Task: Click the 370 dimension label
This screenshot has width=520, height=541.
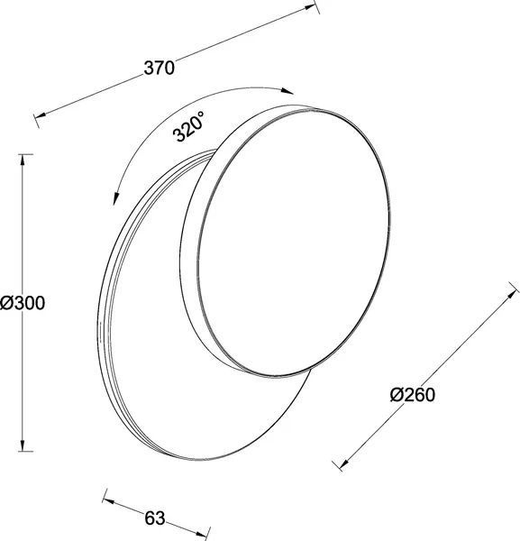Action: coord(159,68)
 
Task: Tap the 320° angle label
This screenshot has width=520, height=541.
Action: coord(189,125)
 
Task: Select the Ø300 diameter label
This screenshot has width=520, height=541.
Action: coord(23,303)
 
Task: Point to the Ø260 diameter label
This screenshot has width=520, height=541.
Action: coord(413,394)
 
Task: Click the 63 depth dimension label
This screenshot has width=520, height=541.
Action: coord(154,518)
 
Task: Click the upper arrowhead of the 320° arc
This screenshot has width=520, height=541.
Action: coord(287,91)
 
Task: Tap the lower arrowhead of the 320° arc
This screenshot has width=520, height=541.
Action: coord(116,198)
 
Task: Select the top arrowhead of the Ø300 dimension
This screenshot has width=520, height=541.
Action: coord(23,160)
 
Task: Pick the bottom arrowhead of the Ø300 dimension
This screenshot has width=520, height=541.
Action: coord(23,445)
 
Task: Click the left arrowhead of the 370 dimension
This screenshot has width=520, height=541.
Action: coord(40,115)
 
